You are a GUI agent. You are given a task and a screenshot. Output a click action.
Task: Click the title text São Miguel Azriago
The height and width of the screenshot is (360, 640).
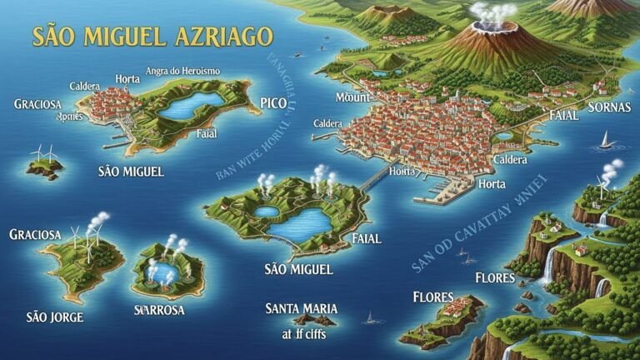tap(152, 37)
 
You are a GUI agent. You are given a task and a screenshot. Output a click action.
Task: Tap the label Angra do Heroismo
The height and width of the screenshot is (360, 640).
tap(182, 72)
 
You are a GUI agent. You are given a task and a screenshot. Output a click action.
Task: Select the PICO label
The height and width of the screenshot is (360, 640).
tap(273, 102)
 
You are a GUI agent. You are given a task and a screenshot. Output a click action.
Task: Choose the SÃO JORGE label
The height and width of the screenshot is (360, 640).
tap(55, 317)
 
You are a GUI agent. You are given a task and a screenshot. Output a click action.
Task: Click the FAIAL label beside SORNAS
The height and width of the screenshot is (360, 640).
tap(564, 116)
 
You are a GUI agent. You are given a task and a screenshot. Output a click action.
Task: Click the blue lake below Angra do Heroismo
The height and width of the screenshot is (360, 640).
tap(192, 106)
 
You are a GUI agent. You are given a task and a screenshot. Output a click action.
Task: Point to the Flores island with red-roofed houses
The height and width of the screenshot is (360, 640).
tap(442, 321)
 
